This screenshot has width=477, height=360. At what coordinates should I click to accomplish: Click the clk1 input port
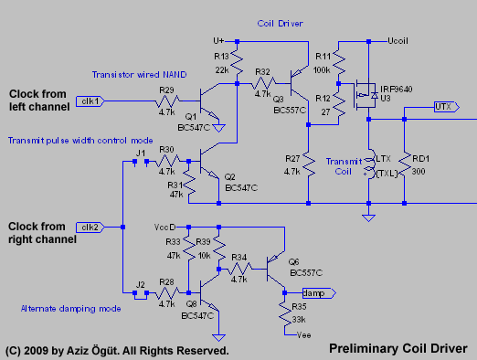[x=90, y=101]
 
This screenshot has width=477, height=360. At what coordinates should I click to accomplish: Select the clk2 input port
[x=90, y=228]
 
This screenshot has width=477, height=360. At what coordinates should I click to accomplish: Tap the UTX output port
[x=447, y=107]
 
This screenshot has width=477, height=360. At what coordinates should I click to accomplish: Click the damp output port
[x=319, y=293]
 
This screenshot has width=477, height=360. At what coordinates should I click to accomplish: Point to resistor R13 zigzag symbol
[x=237, y=63]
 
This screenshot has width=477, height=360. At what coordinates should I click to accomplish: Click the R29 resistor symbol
[x=167, y=101]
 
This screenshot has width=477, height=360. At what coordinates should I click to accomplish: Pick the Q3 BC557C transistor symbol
[x=300, y=83]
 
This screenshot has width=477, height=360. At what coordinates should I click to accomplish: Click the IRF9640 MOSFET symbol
[x=366, y=95]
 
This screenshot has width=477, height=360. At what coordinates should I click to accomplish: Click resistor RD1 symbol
[x=404, y=164]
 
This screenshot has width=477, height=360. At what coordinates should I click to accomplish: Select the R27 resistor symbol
[x=308, y=164]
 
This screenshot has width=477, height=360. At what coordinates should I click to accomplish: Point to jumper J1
[x=141, y=162]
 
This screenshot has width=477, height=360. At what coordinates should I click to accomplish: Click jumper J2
[x=141, y=294]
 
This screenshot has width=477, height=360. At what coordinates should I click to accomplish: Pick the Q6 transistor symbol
[x=276, y=269]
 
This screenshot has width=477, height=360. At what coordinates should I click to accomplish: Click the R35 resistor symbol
[x=284, y=313]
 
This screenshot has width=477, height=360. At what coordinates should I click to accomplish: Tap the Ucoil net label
[x=397, y=41]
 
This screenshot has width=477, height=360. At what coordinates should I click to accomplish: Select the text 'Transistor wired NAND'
[x=139, y=75]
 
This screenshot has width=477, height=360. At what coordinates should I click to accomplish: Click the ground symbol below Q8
[x=218, y=337]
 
